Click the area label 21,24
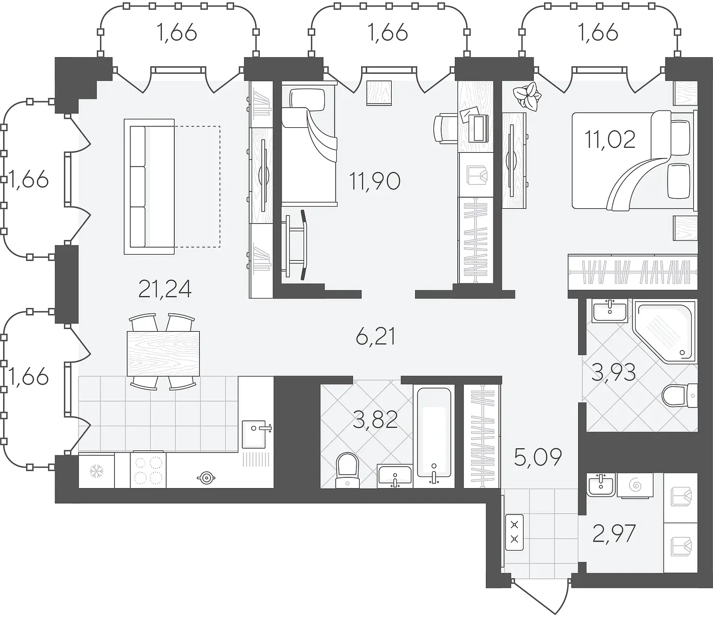coord(165,289)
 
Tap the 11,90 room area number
coord(375,181)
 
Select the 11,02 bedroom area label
coord(610,140)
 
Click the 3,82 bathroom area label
coord(375,420)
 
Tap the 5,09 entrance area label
coord(538,457)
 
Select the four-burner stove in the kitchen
coord(148,469)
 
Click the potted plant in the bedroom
coord(527,96)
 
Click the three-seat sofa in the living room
coord(149,186)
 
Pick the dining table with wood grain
coord(163,354)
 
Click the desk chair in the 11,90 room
coord(446,128)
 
